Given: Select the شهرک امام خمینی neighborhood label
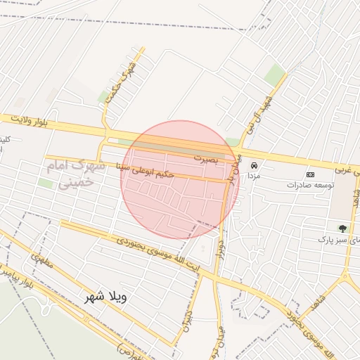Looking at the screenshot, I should pyautogui.click(x=74, y=174).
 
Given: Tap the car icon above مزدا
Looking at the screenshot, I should pyautogui.click(x=254, y=166).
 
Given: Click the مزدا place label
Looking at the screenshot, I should pyautogui.click(x=254, y=176).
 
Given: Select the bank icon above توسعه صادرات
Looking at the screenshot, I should pyautogui.click(x=310, y=174).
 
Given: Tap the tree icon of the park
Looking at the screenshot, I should pyautogui.click(x=342, y=229).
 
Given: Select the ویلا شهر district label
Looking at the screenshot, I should pyautogui.click(x=103, y=296).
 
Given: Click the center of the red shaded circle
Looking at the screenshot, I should pyautogui.click(x=180, y=180).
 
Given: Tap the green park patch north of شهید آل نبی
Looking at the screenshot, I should pyautogui.click(x=274, y=75).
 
